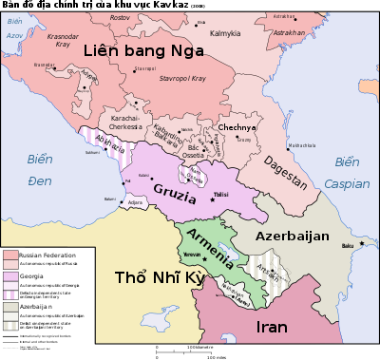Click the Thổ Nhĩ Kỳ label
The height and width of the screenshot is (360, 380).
159,277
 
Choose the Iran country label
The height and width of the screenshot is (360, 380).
272,328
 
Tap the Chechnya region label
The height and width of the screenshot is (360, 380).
238,127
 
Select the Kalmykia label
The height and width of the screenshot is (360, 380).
225,33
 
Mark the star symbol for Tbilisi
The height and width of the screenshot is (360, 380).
212,200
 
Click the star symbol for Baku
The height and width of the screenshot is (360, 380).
361,243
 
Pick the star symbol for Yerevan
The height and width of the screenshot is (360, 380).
203,259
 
